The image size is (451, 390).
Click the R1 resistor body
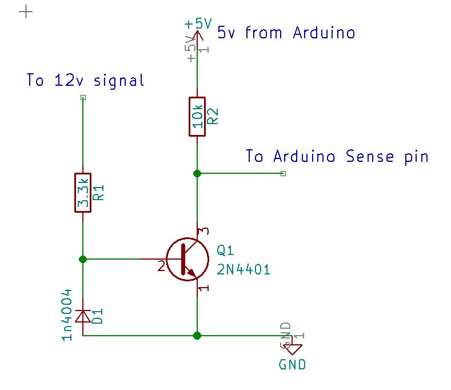coord(83,192)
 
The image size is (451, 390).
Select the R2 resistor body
coord(197,116)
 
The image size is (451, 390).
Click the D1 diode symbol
coord(83,315)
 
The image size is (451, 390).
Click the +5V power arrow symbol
coord(197,37)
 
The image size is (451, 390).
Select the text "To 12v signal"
coord(85,81)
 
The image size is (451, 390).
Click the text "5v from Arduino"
coord(286,33)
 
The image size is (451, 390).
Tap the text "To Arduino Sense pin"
coord(337,156)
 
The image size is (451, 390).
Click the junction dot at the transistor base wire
coord(83,259)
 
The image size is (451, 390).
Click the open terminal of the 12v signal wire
coord(83,98)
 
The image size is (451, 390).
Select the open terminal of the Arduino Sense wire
coord(283,173)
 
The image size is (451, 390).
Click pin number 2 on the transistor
coord(161,266)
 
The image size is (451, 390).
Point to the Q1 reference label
coord(225,251)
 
